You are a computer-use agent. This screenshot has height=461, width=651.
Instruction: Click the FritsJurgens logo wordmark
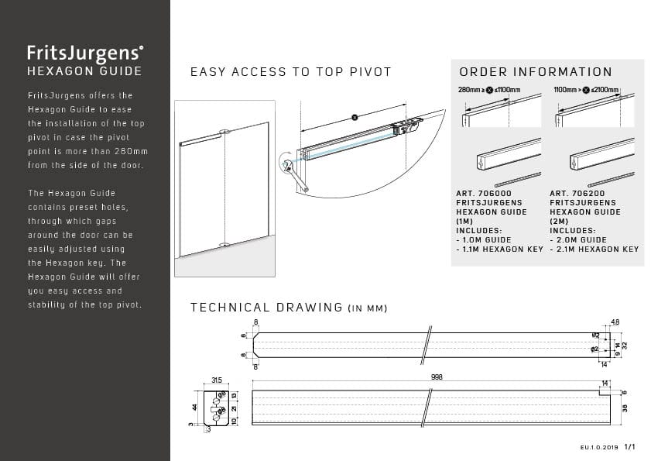85,53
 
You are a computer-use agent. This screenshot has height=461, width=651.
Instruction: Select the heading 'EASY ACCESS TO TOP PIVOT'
291,72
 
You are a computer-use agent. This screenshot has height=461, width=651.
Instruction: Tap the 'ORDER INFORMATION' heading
536,72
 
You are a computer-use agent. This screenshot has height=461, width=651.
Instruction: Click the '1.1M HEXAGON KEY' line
499,249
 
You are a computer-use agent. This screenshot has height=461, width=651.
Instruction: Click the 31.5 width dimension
218,380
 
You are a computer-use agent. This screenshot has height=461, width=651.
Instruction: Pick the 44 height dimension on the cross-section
195,406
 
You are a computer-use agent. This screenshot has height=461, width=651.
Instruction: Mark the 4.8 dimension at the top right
615,322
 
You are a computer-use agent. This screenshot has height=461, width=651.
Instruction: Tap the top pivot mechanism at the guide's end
405,126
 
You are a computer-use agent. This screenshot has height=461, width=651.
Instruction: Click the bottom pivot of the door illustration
224,246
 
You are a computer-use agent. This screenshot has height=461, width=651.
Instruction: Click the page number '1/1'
629,447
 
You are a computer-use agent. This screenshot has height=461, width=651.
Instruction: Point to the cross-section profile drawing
216,406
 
